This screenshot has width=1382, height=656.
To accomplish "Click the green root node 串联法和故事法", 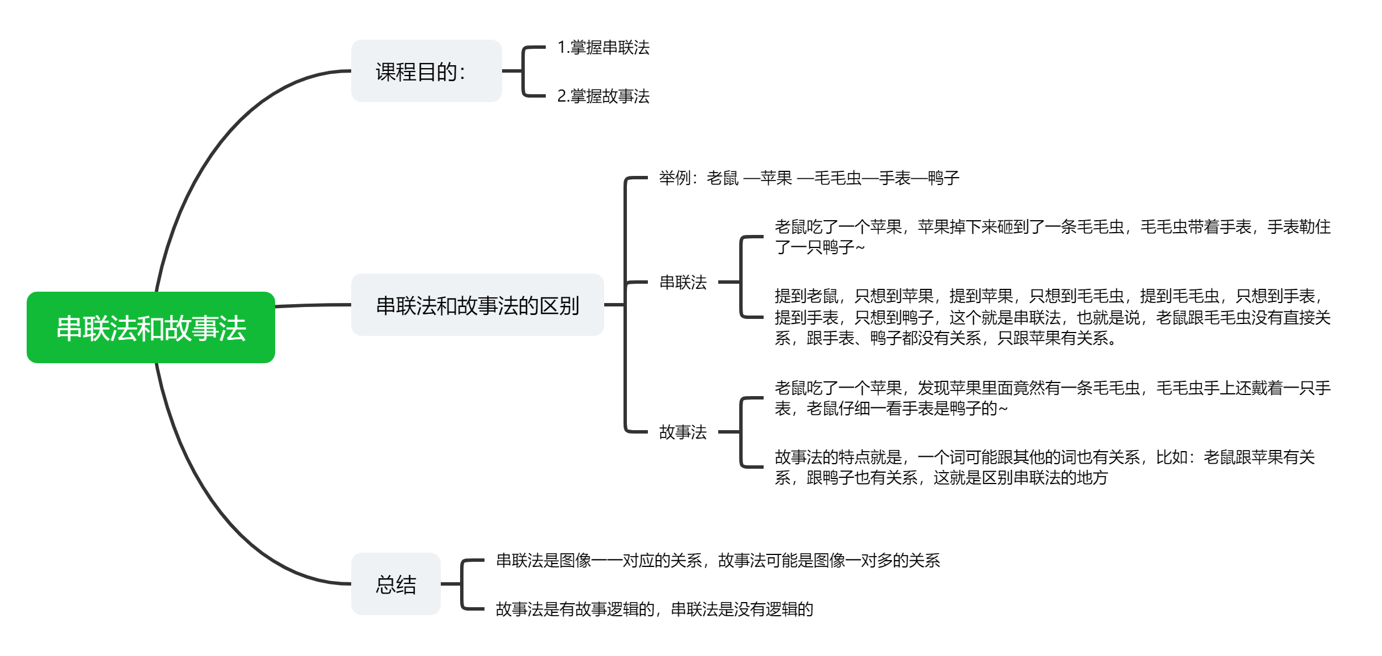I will [x=151, y=327].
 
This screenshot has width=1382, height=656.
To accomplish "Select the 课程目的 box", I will [x=426, y=72].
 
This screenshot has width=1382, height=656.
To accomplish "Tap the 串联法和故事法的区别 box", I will [x=477, y=305].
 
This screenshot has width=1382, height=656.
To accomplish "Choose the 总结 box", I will [x=396, y=584].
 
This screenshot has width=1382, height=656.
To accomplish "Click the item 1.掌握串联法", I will [x=603, y=48].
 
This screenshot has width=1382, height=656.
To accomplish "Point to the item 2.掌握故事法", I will [x=603, y=96].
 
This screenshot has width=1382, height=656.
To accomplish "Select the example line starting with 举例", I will [x=808, y=178].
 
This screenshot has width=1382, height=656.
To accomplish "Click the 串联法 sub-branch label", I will [x=682, y=282].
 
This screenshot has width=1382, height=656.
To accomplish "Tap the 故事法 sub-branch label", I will [x=682, y=432].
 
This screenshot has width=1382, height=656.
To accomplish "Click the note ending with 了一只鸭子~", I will [x=1052, y=237].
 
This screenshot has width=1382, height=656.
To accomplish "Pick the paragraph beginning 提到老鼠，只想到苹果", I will [x=1052, y=317].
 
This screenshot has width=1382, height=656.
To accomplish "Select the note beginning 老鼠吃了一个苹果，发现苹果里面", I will [x=1052, y=398].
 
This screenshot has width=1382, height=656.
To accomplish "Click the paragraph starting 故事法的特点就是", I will [x=1044, y=468].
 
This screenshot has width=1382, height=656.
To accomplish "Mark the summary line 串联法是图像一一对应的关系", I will [x=718, y=561].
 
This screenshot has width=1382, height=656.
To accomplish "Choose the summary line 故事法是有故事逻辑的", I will [x=654, y=609].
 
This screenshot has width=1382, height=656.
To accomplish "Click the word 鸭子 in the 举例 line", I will [x=943, y=178].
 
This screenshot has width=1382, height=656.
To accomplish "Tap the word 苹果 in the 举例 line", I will [x=776, y=178].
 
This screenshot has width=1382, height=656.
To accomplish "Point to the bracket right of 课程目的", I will [x=523, y=72].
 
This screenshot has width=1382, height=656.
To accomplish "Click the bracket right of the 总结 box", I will [x=463, y=584].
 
